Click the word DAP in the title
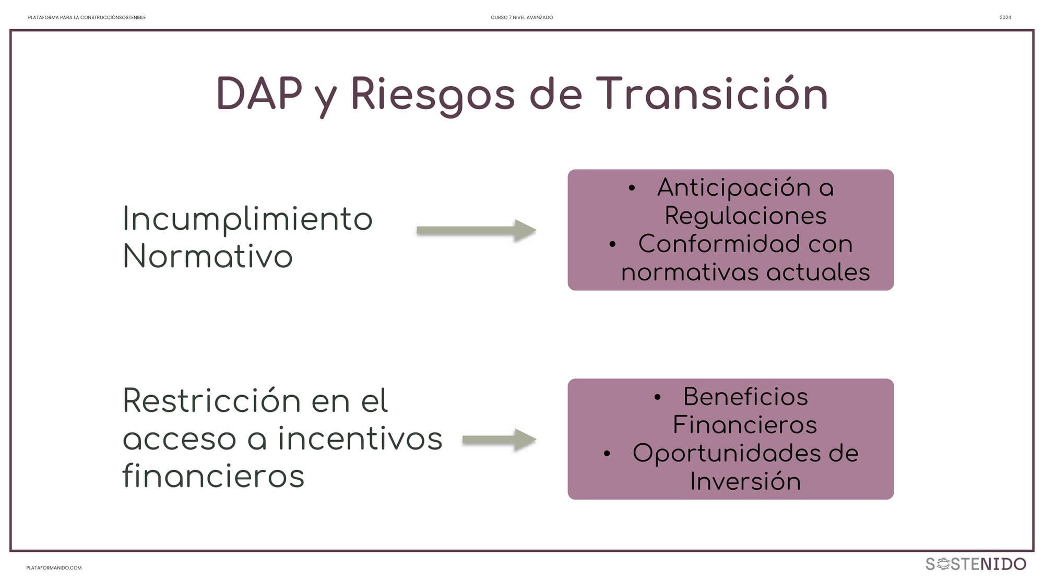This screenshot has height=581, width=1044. pyautogui.click(x=259, y=93)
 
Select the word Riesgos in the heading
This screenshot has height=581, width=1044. pyautogui.click(x=433, y=96)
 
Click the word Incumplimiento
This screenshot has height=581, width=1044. pyautogui.click(x=247, y=219)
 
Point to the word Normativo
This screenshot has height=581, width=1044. pyautogui.click(x=208, y=256)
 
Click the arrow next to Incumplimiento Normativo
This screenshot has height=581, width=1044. pyautogui.click(x=477, y=230)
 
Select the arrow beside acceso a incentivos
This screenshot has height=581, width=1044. pyautogui.click(x=500, y=440)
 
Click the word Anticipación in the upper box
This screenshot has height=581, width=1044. pyautogui.click(x=733, y=188)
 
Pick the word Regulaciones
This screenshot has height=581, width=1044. pyautogui.click(x=745, y=216)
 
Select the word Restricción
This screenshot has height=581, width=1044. pyautogui.click(x=211, y=401)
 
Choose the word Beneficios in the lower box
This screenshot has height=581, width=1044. pyautogui.click(x=745, y=397)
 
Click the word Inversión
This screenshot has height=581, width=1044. pyautogui.click(x=745, y=481)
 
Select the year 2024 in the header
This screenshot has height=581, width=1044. pyautogui.click(x=1005, y=18)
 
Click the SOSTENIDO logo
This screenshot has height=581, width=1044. pyautogui.click(x=976, y=564)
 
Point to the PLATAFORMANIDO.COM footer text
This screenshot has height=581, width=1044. pyautogui.click(x=54, y=568)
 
